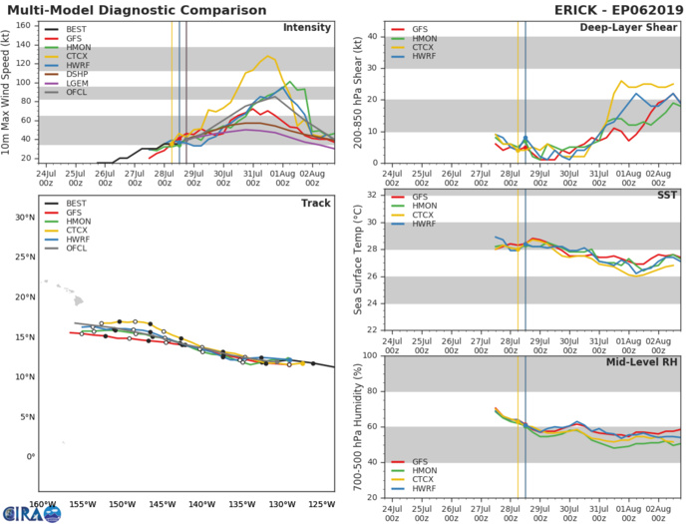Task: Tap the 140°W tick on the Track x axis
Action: click(x=201, y=504)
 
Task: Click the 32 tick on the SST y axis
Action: click(x=371, y=195)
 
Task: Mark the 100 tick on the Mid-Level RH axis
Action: click(x=368, y=355)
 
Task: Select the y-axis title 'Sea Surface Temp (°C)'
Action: click(x=354, y=262)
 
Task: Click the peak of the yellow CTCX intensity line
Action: click(x=267, y=57)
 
